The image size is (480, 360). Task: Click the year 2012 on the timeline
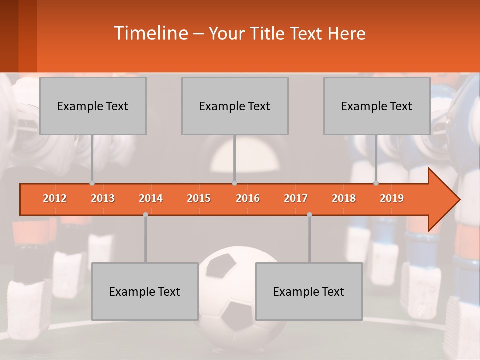coord(55,198)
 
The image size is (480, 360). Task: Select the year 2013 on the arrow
coord(103,198)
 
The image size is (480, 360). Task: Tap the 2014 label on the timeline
coord(151,198)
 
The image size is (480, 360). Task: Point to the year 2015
coord(199,198)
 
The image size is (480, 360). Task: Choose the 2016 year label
coord(248,198)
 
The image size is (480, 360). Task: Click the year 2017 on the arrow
coord(296,198)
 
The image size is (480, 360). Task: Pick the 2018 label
coord(344,198)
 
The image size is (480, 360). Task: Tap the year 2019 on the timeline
coord(392,198)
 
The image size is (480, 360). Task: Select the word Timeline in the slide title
coord(150,33)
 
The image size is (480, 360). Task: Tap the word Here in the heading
coord(346,34)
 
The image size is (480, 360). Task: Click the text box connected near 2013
coord(93,106)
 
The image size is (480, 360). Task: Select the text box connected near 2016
coord(235,106)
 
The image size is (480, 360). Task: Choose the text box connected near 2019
coord(377,106)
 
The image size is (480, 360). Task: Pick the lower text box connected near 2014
coord(145,291)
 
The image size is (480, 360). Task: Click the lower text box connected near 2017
coord(309,291)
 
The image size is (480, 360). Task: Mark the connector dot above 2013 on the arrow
coord(92,183)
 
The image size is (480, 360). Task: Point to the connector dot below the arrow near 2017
coord(309,214)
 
